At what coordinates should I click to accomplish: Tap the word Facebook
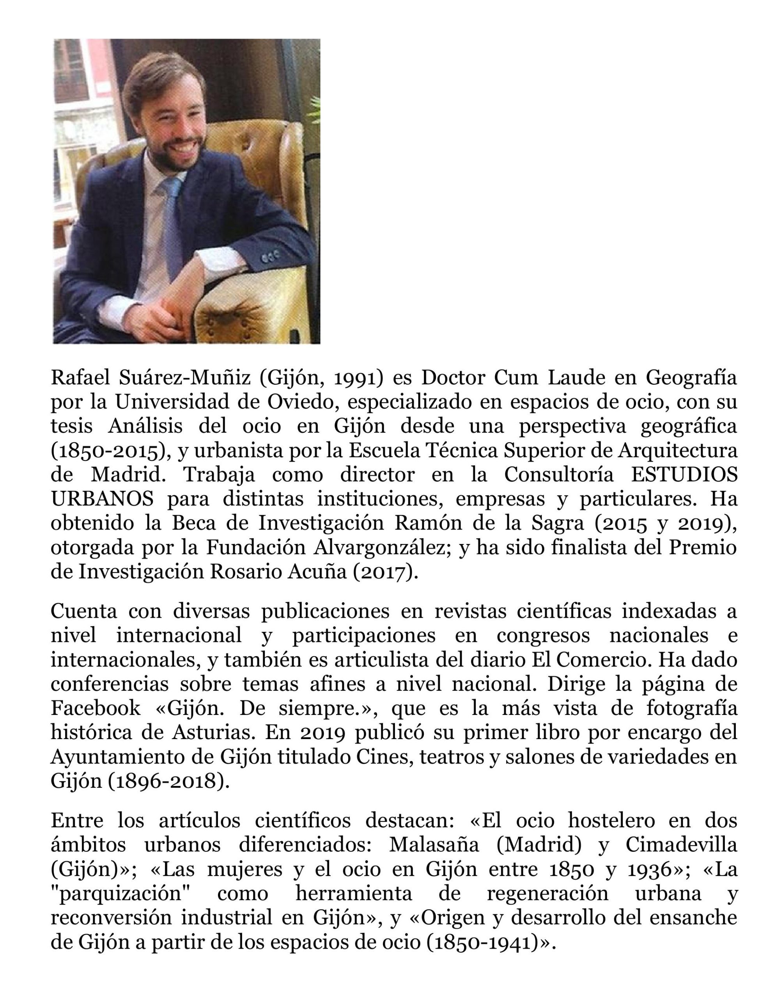[x=96, y=709]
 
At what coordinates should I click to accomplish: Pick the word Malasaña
[x=434, y=845]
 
